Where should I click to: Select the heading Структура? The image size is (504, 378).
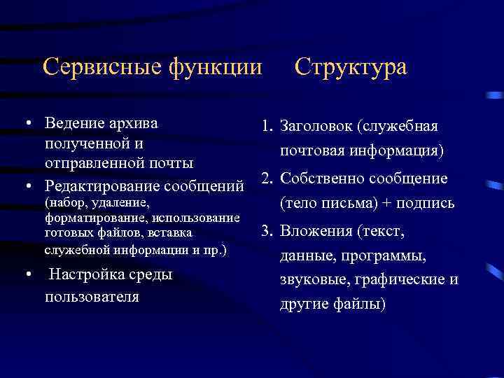pos(350,67)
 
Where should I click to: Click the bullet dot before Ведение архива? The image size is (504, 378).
pos(27,125)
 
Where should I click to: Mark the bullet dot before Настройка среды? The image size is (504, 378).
pos(27,275)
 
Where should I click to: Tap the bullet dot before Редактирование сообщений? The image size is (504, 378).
pos(27,187)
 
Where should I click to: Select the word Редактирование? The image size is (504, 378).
pos(101,187)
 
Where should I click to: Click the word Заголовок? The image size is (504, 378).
pos(316,127)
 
